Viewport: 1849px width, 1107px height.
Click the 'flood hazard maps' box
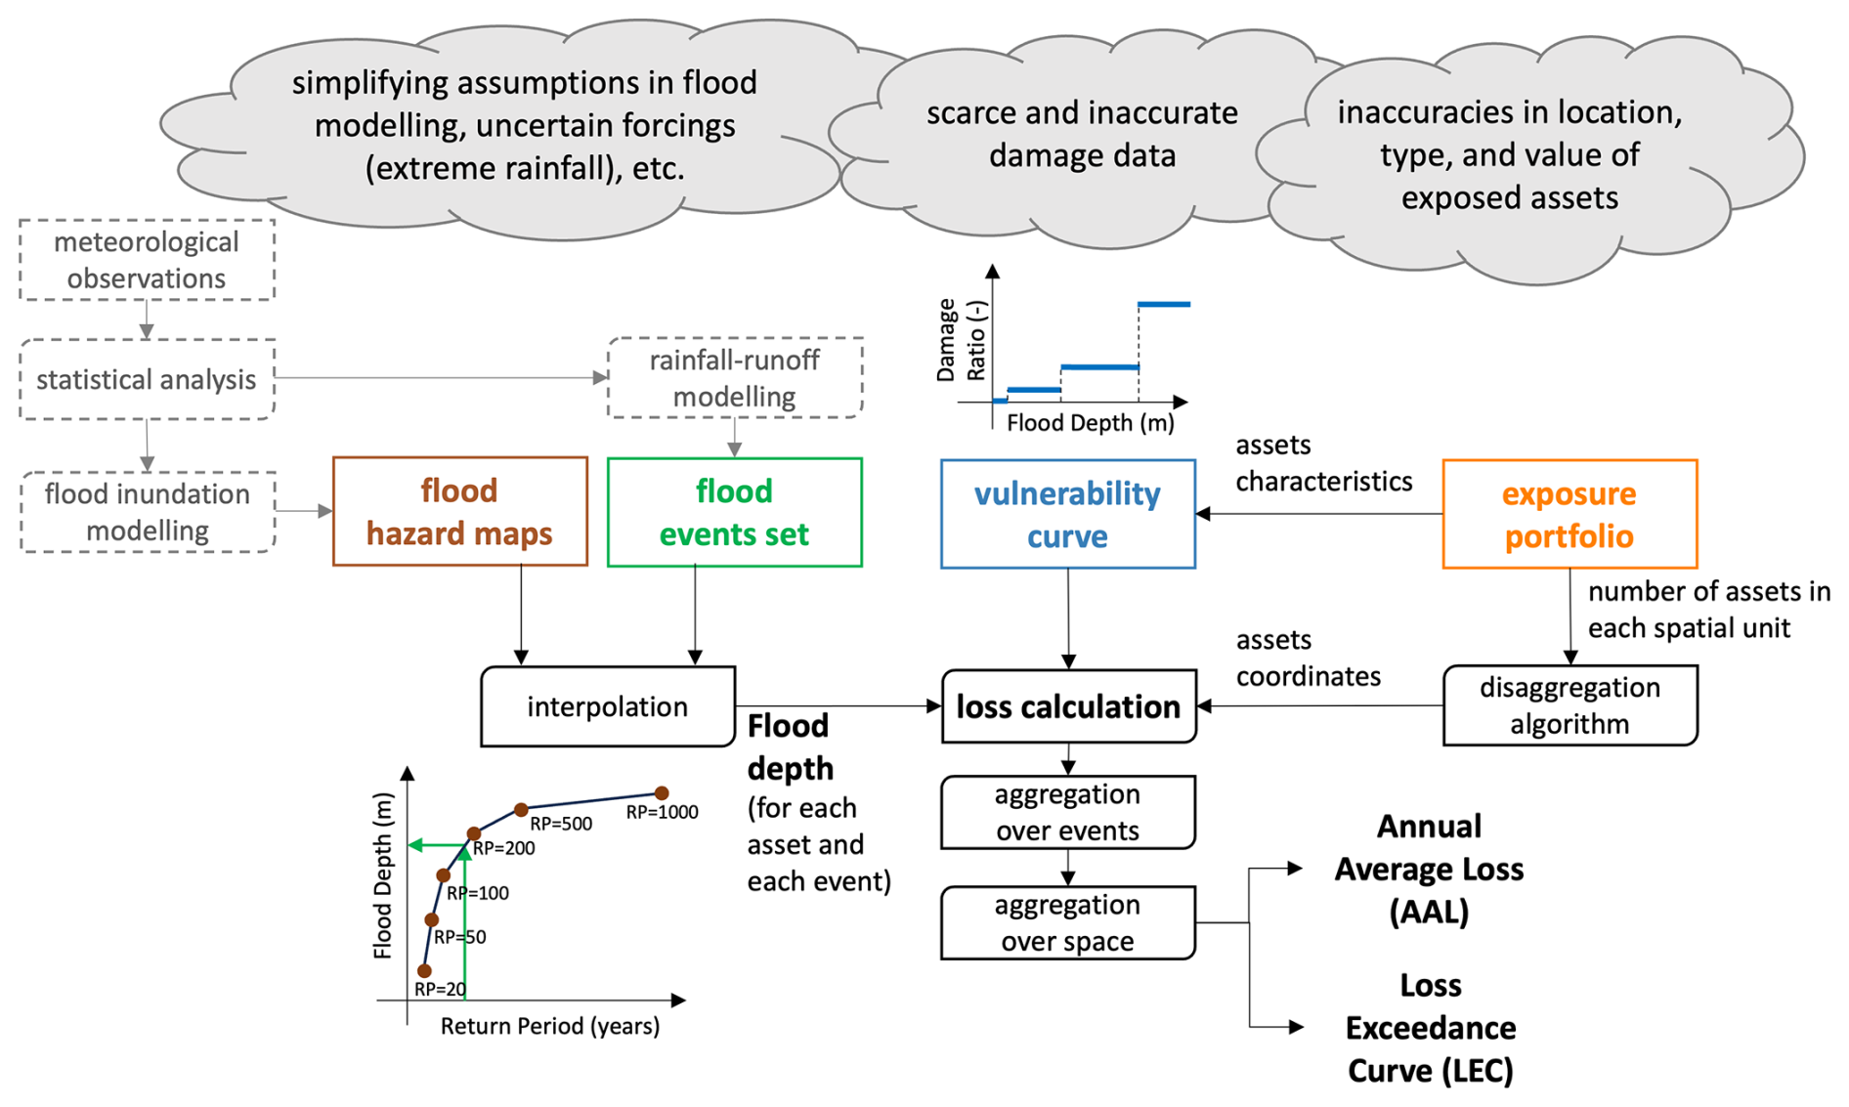tap(459, 511)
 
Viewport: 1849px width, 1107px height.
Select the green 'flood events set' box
tap(734, 512)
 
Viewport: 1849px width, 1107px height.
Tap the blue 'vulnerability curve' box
tap(1067, 514)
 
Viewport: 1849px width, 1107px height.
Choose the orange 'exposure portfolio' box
tap(1569, 514)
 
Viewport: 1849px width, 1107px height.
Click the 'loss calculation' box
tap(1068, 706)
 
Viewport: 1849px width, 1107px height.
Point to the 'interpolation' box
tap(607, 706)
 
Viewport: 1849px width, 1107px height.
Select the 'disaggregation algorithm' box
tap(1569, 705)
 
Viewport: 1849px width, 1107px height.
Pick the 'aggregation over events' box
tap(1067, 812)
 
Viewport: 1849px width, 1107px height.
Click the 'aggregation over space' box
tap(1067, 922)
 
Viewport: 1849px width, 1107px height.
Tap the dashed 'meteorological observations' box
tap(147, 260)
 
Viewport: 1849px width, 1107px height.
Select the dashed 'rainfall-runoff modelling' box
tap(734, 378)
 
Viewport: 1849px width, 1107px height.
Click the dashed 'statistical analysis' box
tap(147, 379)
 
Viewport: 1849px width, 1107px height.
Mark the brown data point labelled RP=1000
tap(662, 793)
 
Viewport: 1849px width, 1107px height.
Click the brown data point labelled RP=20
tap(424, 970)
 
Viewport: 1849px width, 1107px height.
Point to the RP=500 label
tap(561, 824)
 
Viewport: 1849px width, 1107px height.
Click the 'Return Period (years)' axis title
tap(549, 1026)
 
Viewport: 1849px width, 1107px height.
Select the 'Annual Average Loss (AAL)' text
tap(1429, 869)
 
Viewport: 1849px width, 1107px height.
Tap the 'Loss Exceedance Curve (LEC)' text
tap(1430, 1028)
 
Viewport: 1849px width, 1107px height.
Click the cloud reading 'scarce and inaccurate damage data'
tap(1082, 134)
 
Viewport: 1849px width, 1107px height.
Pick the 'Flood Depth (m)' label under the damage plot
tap(1090, 423)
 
